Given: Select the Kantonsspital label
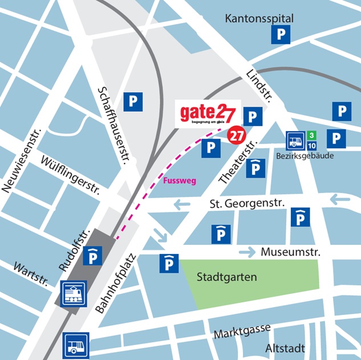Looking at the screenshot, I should point(259,19).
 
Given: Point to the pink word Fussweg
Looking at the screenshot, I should point(180,181).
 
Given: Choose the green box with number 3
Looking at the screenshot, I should point(311,135).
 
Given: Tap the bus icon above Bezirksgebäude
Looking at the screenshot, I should point(295,140).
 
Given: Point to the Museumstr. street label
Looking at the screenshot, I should point(291,252).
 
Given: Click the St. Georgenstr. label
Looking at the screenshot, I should point(247,203).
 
